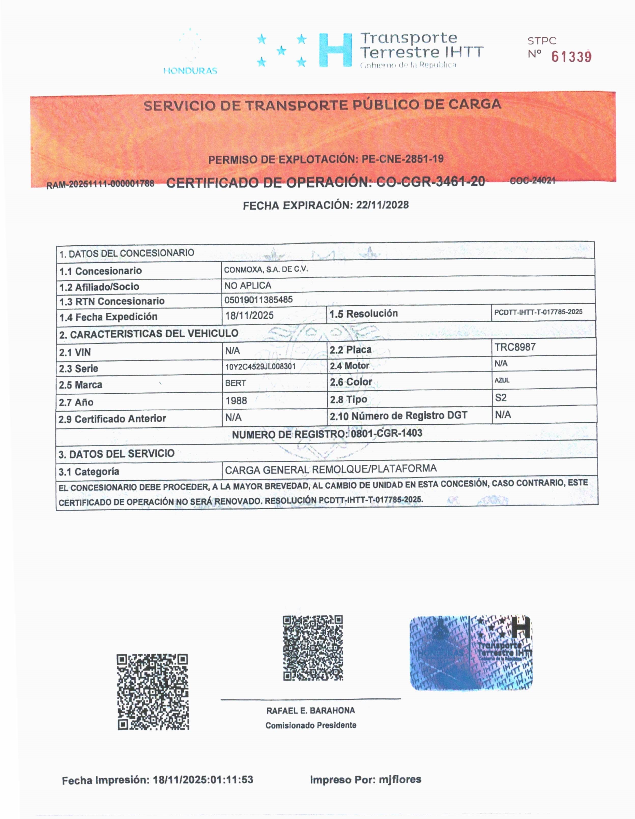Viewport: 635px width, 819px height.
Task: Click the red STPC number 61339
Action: click(x=571, y=57)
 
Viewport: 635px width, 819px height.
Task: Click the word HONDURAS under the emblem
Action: click(x=190, y=70)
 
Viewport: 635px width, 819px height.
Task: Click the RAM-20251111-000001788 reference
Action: click(x=100, y=184)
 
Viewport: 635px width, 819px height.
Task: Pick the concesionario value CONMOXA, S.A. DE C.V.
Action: click(x=266, y=269)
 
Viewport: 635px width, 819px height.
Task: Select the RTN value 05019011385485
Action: click(x=258, y=300)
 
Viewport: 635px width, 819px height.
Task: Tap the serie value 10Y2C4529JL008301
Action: click(x=260, y=366)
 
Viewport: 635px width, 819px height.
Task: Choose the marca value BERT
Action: click(x=235, y=383)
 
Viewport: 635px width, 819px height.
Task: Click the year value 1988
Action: click(x=236, y=400)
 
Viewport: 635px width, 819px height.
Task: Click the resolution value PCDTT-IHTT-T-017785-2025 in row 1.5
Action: click(x=538, y=312)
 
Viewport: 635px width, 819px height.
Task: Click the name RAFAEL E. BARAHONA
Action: click(x=310, y=711)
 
